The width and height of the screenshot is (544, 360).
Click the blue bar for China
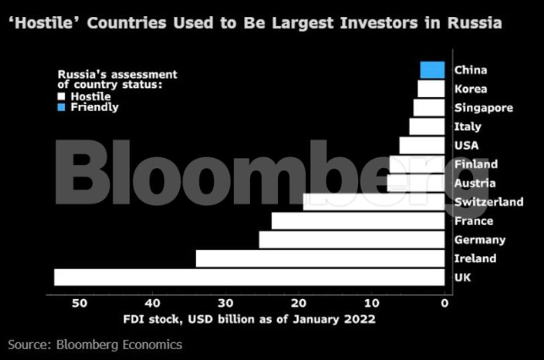432,69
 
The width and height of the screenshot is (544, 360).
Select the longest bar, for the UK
249,277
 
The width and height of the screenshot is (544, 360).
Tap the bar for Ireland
320,258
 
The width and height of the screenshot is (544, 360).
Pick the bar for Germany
351,239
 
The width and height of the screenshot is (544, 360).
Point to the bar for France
357,221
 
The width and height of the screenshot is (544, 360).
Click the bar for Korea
431,89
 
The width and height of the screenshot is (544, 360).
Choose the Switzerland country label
488,202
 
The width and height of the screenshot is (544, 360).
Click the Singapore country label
482,108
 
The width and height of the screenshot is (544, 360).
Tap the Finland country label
476,164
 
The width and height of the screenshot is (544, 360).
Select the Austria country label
474,183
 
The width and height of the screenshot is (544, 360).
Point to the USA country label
466,145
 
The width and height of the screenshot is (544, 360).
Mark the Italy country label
467,127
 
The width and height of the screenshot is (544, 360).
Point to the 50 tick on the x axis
79,303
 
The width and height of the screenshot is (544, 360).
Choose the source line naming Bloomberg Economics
95,345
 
